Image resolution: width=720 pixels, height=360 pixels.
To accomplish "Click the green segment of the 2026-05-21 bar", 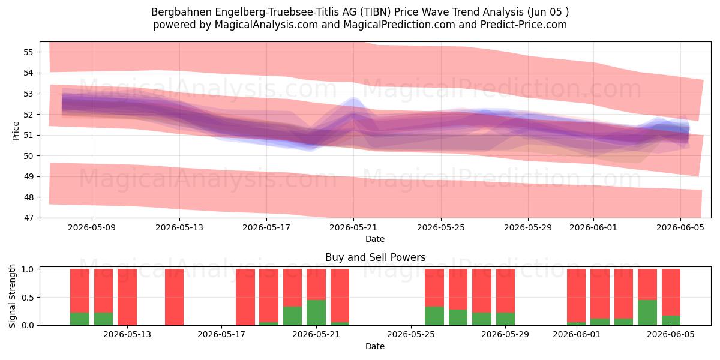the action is (316, 313).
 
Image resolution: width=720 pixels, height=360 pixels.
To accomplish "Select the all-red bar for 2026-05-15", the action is (174, 297).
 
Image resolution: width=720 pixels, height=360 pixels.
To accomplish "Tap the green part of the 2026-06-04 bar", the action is (647, 313).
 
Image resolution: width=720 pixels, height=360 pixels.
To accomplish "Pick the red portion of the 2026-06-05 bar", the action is (671, 292).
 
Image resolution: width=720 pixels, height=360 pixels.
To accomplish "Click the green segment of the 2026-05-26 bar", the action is (434, 316).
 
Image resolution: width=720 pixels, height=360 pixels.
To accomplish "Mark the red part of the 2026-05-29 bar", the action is (505, 290).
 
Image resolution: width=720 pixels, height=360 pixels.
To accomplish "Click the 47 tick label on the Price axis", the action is (28, 218).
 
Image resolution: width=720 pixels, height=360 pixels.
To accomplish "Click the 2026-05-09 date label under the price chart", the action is (92, 227).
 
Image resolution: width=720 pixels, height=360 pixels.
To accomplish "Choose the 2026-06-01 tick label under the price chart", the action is (593, 227).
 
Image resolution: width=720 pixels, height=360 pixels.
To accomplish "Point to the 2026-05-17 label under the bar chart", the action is (221, 335).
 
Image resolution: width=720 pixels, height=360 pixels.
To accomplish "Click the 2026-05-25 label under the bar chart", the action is (411, 335).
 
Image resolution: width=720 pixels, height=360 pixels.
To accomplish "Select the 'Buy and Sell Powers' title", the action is (375, 257).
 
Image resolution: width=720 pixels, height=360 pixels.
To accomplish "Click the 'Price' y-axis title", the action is (16, 131).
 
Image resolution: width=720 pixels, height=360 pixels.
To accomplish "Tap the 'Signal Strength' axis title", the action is (12, 296).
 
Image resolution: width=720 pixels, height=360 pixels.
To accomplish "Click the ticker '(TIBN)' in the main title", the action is (375, 12).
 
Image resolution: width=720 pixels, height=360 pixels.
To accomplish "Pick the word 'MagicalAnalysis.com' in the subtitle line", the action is (266, 25).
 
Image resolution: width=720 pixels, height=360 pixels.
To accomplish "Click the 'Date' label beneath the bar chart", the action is (375, 346).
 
